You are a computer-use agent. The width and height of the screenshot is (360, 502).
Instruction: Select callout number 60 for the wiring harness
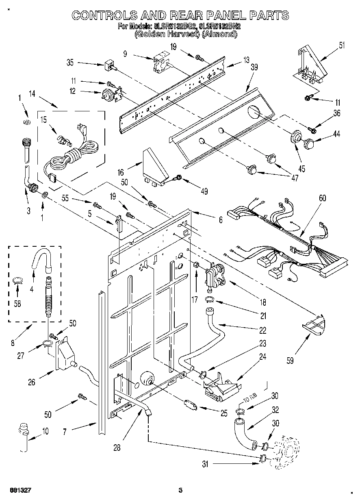[x=322, y=198]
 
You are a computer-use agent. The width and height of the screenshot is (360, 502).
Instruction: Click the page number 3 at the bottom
[x=180, y=490]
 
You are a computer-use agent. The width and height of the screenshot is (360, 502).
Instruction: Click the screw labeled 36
[x=312, y=130]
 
